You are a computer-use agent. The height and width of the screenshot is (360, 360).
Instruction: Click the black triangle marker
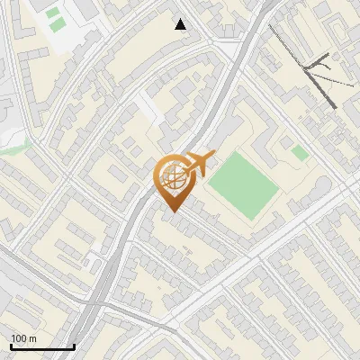(x=181, y=24)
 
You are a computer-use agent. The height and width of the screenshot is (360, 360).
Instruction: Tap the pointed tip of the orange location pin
(x=171, y=211)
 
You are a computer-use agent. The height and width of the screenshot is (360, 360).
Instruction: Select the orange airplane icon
(x=198, y=164)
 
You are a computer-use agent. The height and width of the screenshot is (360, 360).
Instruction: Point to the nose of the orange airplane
(x=214, y=157)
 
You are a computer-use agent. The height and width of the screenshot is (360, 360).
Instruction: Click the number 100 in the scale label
(x=19, y=338)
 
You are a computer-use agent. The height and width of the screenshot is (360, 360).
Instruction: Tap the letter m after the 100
(x=32, y=338)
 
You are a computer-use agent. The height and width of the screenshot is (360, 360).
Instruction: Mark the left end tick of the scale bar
(x=10, y=346)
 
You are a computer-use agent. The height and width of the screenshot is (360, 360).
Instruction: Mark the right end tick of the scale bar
(x=74, y=346)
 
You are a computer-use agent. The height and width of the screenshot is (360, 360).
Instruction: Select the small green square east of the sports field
(x=300, y=153)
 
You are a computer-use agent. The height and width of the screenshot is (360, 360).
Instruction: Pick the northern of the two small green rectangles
(x=53, y=13)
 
